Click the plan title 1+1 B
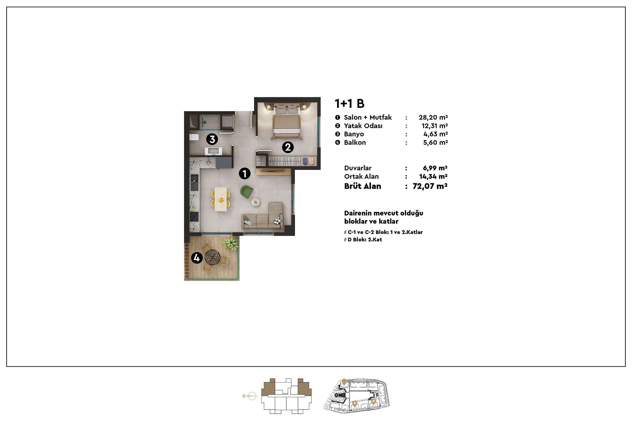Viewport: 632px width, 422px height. pyautogui.click(x=349, y=104)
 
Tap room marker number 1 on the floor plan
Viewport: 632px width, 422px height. pyautogui.click(x=245, y=173)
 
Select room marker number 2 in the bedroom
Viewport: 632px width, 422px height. pyautogui.click(x=288, y=147)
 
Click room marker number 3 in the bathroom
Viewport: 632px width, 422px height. pyautogui.click(x=212, y=139)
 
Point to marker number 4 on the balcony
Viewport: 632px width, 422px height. pyautogui.click(x=197, y=258)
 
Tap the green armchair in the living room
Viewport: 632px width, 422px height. pyautogui.click(x=247, y=192)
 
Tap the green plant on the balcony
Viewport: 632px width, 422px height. pyautogui.click(x=231, y=243)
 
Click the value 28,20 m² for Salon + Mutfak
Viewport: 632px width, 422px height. pyautogui.click(x=433, y=117)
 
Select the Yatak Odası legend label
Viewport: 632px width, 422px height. pyautogui.click(x=363, y=126)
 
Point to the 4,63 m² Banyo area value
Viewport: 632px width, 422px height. pyautogui.click(x=435, y=134)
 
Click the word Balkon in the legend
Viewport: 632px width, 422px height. pyautogui.click(x=355, y=142)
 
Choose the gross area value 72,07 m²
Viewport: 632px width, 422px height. pyautogui.click(x=430, y=186)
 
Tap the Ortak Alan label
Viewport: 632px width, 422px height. pyautogui.click(x=361, y=176)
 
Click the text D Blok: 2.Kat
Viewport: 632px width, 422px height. pyautogui.click(x=365, y=240)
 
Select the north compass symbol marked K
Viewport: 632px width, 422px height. pyautogui.click(x=250, y=396)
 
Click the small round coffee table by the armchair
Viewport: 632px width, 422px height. pyautogui.click(x=255, y=202)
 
